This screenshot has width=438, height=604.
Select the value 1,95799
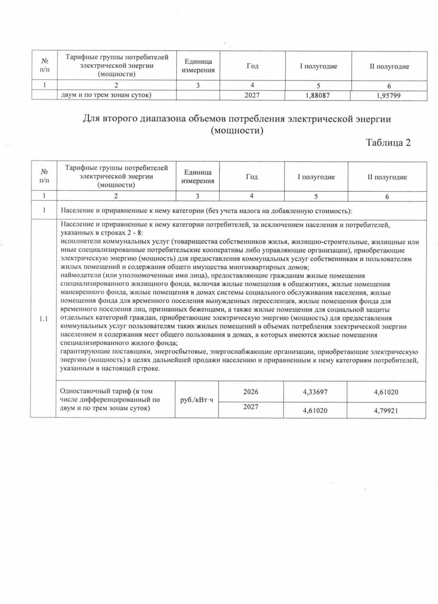point(388,96)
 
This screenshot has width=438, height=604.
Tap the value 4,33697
point(315,392)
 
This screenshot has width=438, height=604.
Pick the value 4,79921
point(386,411)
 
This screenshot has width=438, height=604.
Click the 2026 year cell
point(251,392)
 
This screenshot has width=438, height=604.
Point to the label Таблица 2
point(388,143)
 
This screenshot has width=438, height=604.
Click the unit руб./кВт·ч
point(197,400)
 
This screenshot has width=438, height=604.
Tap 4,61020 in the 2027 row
point(315,411)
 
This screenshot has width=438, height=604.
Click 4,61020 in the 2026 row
point(386,392)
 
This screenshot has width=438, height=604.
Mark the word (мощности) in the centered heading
point(237,130)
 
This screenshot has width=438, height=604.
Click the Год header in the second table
point(251,177)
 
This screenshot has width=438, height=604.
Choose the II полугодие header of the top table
point(389,66)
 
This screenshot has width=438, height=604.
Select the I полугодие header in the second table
point(316,177)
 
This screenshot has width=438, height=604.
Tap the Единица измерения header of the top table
point(198,66)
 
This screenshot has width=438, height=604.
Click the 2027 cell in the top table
point(252,95)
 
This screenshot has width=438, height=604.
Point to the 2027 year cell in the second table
point(251,407)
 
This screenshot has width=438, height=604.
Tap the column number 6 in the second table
point(387,197)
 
